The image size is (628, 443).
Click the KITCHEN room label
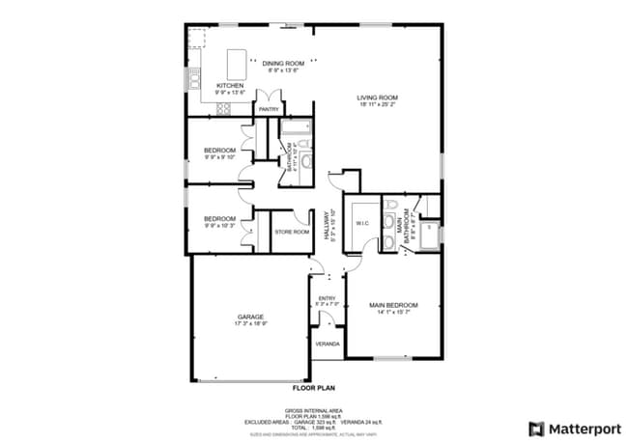pyautogui.click(x=230, y=86)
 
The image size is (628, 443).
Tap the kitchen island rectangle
pyautogui.click(x=237, y=66)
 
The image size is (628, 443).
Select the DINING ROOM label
pyautogui.click(x=283, y=64)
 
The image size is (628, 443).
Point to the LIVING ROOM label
pyautogui.click(x=377, y=97)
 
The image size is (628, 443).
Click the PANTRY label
pyautogui.click(x=268, y=109)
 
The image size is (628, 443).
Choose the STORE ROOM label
pyautogui.click(x=292, y=232)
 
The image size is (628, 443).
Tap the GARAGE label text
pyautogui.click(x=251, y=317)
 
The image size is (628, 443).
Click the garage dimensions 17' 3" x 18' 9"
pyautogui.click(x=251, y=324)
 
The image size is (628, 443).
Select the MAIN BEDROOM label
pyautogui.click(x=393, y=305)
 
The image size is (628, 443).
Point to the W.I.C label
pyautogui.click(x=362, y=223)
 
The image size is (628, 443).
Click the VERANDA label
pyautogui.click(x=328, y=344)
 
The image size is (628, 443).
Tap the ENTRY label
pyautogui.click(x=327, y=298)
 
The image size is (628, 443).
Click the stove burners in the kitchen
pyautogui.click(x=223, y=108)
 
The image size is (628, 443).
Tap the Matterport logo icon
pyautogui.click(x=535, y=428)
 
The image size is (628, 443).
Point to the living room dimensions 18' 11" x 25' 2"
pyautogui.click(x=377, y=105)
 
